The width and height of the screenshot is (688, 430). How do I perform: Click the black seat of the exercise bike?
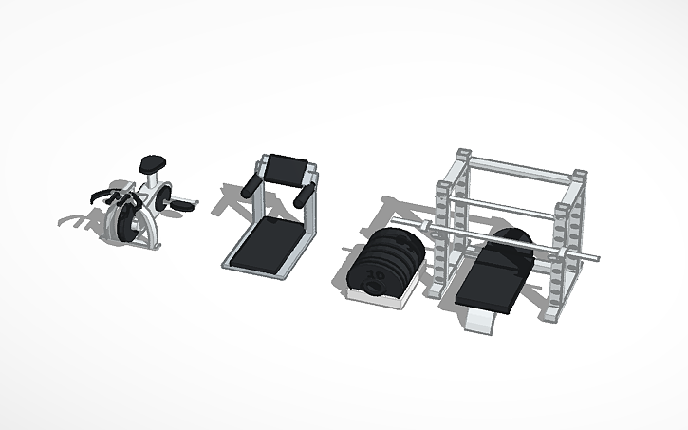(x=149, y=162)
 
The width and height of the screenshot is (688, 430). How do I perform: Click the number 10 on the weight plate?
(x=374, y=276)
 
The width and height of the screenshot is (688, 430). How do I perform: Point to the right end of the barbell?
(x=596, y=256)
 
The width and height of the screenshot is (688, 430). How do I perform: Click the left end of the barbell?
(x=424, y=224)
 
